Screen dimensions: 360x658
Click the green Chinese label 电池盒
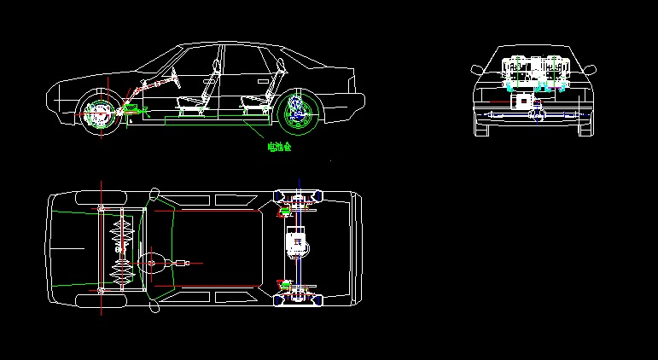tap(279, 147)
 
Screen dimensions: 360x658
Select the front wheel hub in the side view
tap(96, 112)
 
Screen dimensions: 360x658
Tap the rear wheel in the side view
tap(298, 112)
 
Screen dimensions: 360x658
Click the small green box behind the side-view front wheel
tap(132, 108)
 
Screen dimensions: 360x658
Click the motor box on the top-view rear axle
tap(297, 242)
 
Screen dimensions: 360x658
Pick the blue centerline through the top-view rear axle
tap(300, 247)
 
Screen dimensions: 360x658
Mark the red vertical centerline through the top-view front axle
tap(101, 247)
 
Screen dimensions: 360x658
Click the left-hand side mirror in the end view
tap(475, 68)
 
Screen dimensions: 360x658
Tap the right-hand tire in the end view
tap(585, 128)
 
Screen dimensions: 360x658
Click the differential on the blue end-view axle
tap(538, 113)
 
